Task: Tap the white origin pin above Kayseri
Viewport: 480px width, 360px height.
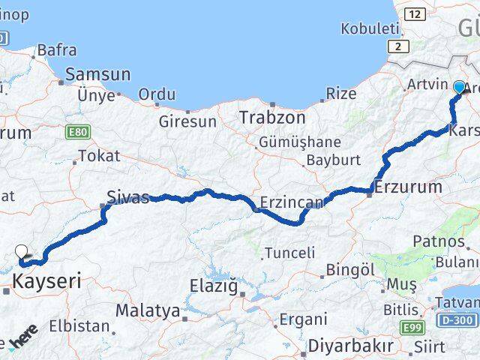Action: tap(21, 253)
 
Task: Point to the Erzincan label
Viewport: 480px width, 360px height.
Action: tap(292, 202)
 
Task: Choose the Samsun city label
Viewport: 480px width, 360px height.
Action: tap(97, 74)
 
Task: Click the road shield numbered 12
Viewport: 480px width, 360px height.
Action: tap(413, 14)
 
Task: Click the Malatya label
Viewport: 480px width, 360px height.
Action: tap(147, 310)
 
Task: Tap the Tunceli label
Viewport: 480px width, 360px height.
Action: tap(290, 253)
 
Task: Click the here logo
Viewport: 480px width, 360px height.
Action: tap(22, 339)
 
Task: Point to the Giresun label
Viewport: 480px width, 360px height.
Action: tap(187, 121)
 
